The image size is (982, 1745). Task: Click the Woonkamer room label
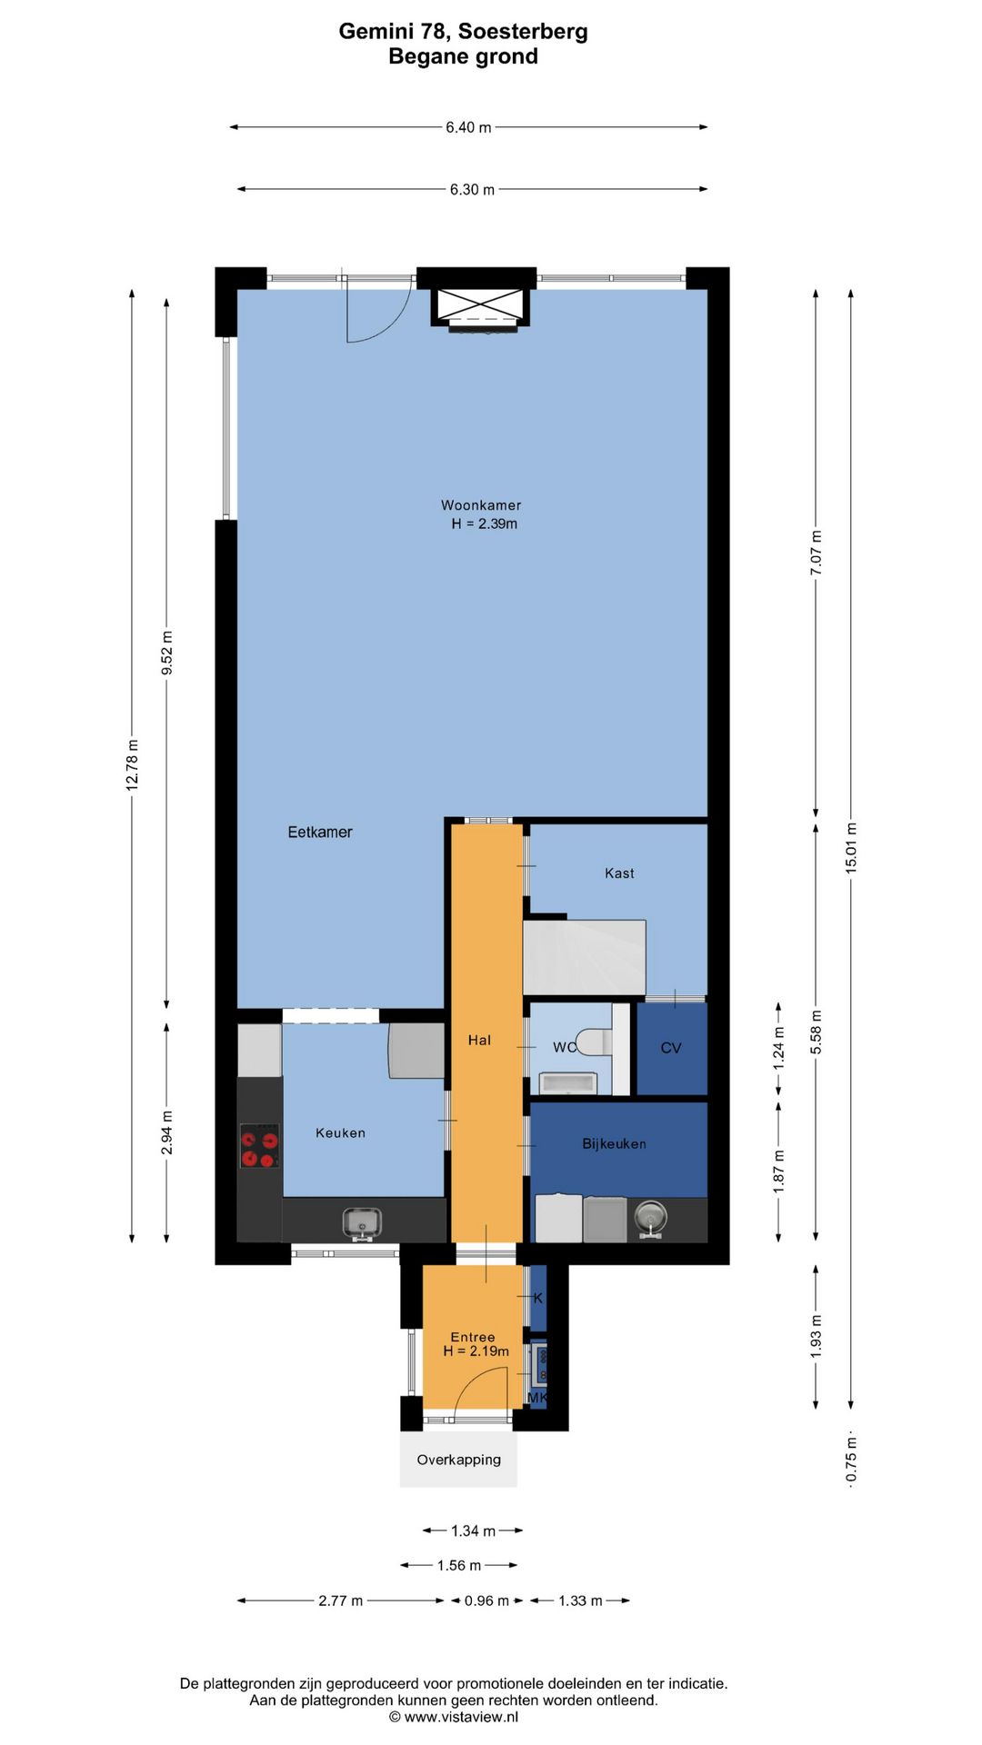[x=481, y=505]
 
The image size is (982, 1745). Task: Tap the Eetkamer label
[x=320, y=832]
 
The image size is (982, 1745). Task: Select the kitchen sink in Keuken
[x=362, y=1223]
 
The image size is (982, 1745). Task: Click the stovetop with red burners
[x=259, y=1146]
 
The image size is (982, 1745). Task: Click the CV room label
[x=671, y=1048]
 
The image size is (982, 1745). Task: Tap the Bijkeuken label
[x=615, y=1143]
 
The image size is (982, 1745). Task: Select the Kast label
[x=619, y=873]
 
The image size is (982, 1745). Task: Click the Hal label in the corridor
[x=479, y=1040]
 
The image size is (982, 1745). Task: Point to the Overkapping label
[x=459, y=1460]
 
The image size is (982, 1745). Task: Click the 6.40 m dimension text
[x=468, y=127]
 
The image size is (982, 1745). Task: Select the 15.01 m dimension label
[x=851, y=848]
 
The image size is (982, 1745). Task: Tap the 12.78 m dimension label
[x=132, y=764]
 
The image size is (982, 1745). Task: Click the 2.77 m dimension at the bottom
[x=340, y=1600]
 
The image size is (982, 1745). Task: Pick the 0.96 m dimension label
[x=486, y=1600]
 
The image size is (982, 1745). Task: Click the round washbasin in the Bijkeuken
[x=651, y=1216]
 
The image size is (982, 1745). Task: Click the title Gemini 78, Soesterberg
[x=464, y=31]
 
